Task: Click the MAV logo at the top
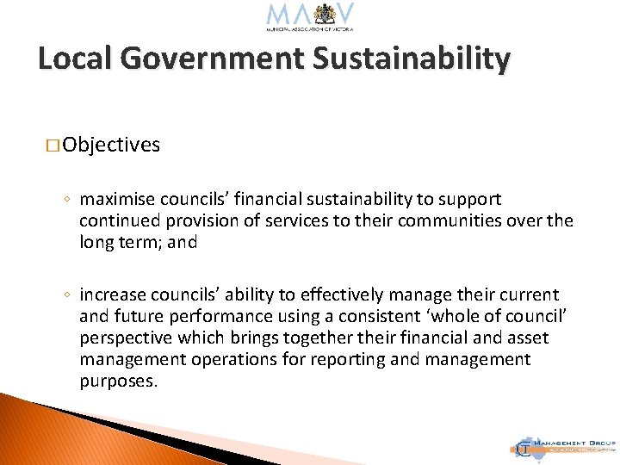click(x=310, y=17)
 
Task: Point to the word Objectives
click(x=111, y=145)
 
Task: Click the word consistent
click(x=393, y=317)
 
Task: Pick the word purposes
click(x=118, y=381)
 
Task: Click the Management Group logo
click(x=563, y=446)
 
